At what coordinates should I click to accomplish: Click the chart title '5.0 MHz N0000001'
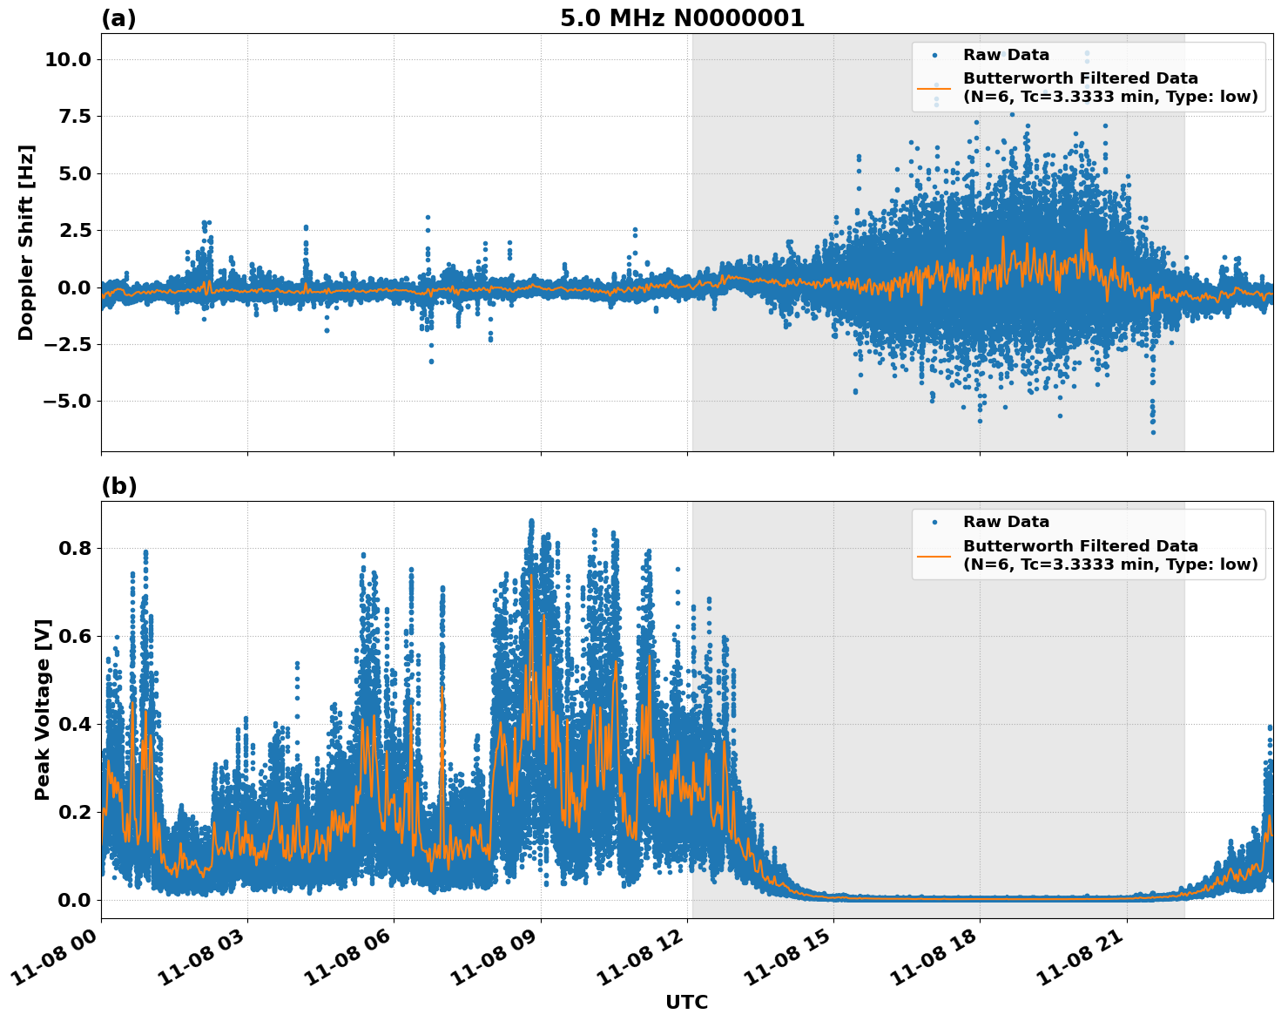click(682, 18)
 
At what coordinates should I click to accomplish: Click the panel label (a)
click(118, 18)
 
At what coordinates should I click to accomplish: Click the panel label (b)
click(118, 486)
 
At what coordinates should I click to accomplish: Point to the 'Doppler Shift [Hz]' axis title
click(26, 242)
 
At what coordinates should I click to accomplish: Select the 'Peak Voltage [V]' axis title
click(43, 709)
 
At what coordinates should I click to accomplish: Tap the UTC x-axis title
click(686, 1002)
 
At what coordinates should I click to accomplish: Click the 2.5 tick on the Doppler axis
click(73, 230)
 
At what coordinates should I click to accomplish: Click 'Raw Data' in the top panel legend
click(1006, 55)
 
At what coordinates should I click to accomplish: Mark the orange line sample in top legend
click(934, 87)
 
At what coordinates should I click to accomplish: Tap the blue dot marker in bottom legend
click(934, 522)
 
